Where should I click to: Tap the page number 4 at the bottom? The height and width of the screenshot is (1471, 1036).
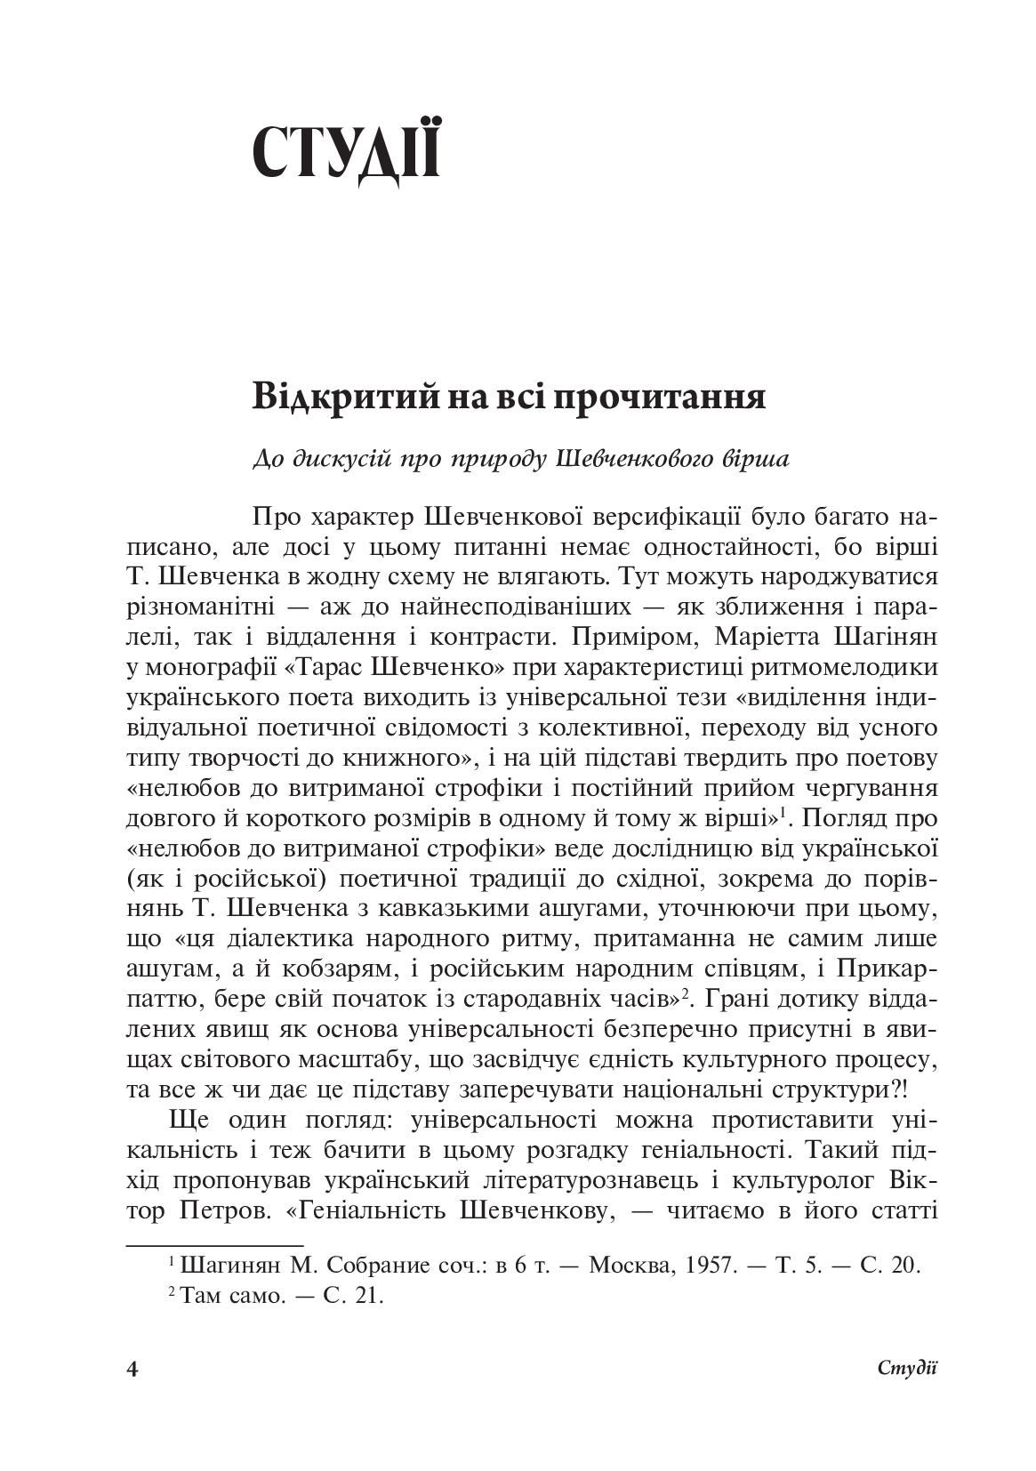point(134,1369)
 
